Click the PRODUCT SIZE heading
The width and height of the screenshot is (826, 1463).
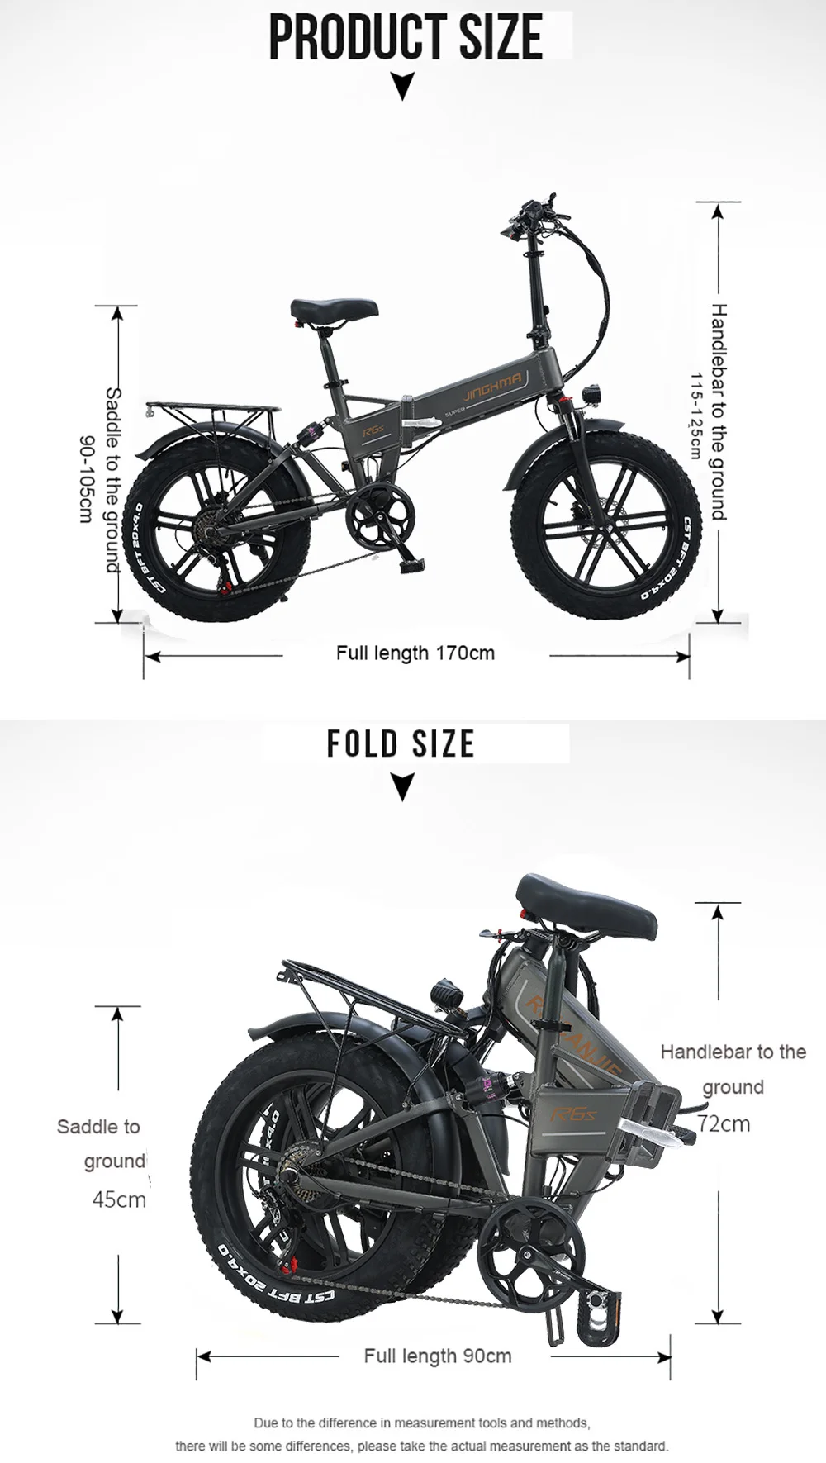point(406,37)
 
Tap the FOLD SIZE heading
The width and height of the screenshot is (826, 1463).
point(401,743)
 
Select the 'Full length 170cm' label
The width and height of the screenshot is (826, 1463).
point(415,653)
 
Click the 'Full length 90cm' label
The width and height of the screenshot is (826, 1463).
point(438,1356)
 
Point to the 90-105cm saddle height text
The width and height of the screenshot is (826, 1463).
point(85,478)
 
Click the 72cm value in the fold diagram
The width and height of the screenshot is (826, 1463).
point(724,1123)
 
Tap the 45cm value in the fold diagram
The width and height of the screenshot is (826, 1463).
point(119,1199)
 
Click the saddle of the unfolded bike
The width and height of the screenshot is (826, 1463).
point(334,310)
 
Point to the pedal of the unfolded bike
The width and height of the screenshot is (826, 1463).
point(411,567)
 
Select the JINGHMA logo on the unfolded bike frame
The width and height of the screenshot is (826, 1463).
point(492,382)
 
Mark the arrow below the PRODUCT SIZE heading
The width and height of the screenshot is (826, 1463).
point(402,87)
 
